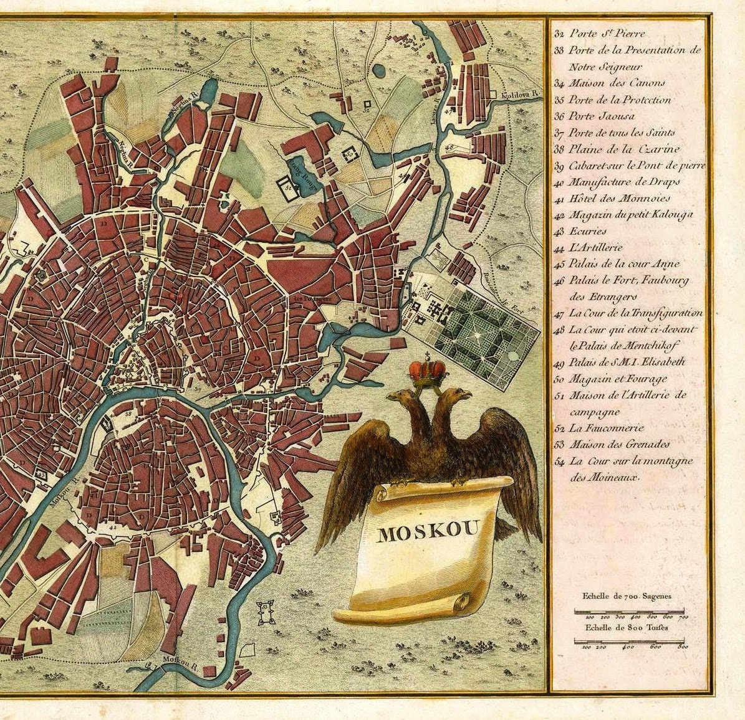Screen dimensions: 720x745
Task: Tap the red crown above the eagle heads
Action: [x=428, y=371]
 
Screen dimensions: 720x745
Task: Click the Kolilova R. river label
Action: [x=522, y=95]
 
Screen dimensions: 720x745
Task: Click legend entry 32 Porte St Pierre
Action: [x=599, y=34]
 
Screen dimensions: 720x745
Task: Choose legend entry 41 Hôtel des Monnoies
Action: [x=612, y=199]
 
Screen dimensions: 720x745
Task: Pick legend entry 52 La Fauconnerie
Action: [x=598, y=428]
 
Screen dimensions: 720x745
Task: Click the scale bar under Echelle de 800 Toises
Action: [x=629, y=640]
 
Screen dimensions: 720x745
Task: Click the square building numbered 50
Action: [x=350, y=152]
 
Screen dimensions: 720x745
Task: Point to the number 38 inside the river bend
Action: [x=128, y=414]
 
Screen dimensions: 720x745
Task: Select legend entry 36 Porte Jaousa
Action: [x=594, y=116]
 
